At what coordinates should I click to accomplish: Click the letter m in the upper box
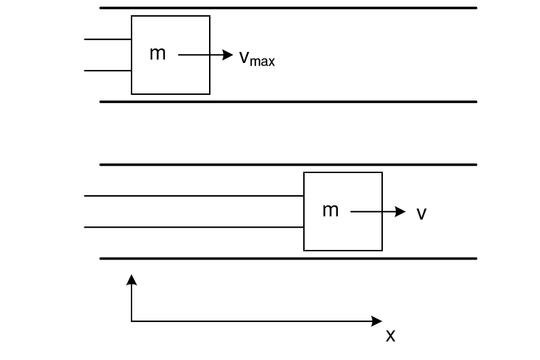tap(158, 54)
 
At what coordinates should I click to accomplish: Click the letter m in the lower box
tap(330, 210)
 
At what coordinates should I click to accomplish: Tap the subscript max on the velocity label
tap(262, 62)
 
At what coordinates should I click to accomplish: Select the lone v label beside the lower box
tap(421, 214)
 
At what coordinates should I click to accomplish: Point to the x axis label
tap(390, 336)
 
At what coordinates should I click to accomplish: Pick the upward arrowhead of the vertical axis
tap(132, 279)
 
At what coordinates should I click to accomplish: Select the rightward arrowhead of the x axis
tap(377, 321)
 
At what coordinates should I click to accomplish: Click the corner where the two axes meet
tap(132, 321)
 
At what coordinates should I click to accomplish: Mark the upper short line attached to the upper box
tap(108, 39)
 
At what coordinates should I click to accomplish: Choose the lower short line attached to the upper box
tap(108, 70)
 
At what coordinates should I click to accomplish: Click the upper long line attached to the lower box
tap(194, 196)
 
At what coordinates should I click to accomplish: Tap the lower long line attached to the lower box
tap(194, 226)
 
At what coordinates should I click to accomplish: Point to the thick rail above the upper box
tap(288, 8)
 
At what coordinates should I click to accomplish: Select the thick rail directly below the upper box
tap(288, 102)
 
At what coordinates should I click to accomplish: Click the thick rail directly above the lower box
tap(288, 165)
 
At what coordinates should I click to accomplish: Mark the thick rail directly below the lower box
tap(288, 258)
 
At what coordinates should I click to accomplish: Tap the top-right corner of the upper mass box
tap(210, 16)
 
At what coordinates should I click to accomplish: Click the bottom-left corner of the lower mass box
tap(304, 250)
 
